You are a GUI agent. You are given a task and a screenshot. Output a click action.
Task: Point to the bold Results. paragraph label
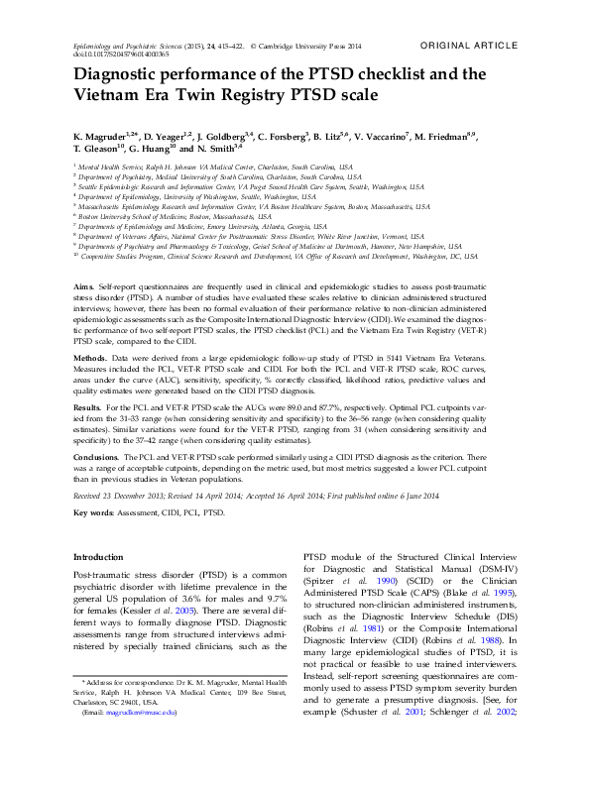(88, 406)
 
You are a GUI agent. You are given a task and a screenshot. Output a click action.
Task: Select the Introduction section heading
(99, 557)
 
